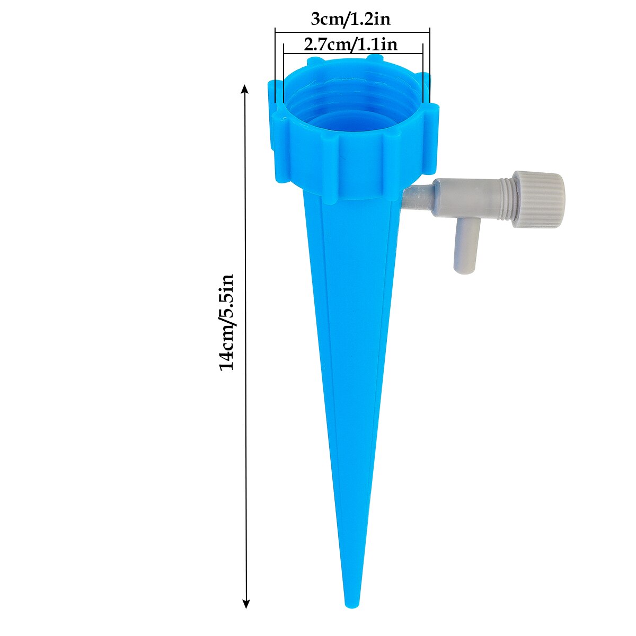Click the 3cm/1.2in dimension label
point(350,20)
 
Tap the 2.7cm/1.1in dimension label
point(350,45)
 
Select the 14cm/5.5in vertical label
point(227,322)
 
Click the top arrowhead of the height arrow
point(245,88)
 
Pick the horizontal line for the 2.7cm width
point(353,54)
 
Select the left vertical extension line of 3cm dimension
point(276,64)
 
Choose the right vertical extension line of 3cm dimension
point(430,64)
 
